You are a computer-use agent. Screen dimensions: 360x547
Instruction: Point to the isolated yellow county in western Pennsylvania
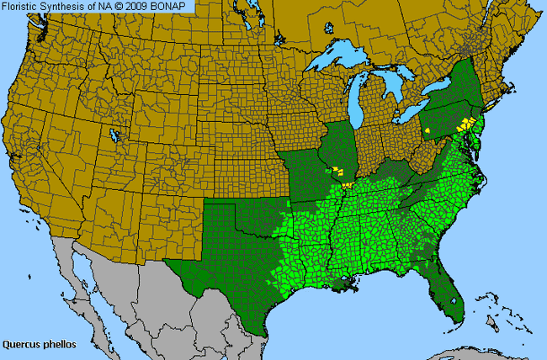click(427, 131)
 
